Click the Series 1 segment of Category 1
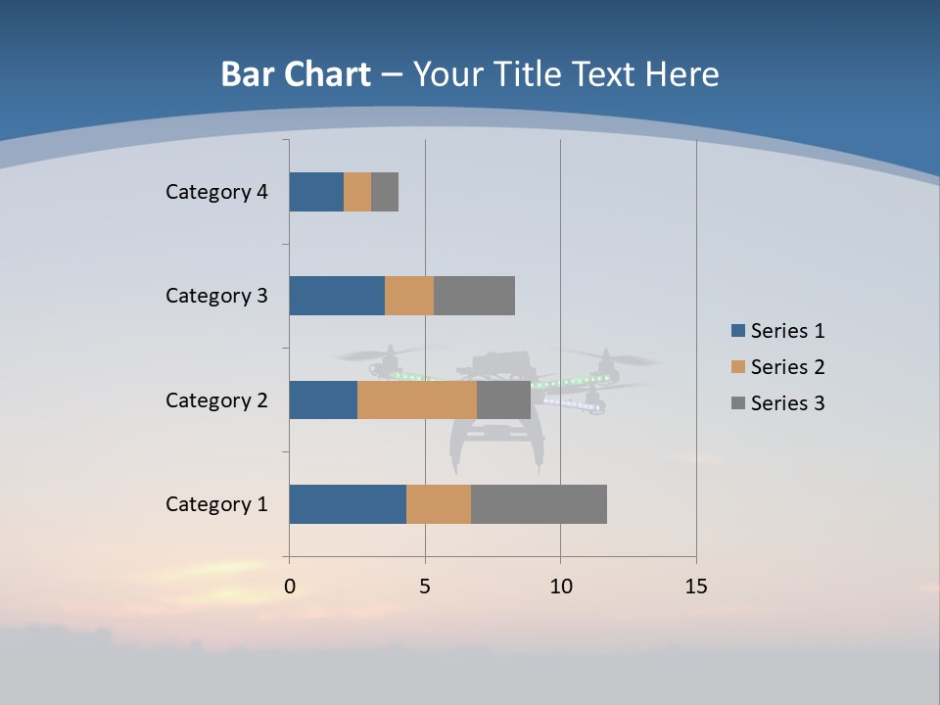click(348, 504)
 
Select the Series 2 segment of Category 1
click(439, 504)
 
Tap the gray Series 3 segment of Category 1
click(539, 504)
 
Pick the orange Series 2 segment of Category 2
click(417, 399)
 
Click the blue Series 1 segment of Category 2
click(323, 399)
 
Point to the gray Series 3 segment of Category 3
click(474, 296)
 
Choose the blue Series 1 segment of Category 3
click(337, 296)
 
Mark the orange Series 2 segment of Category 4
click(357, 192)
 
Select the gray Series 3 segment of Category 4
click(385, 192)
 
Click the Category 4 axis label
click(216, 192)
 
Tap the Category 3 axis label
click(216, 296)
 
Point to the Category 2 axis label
click(216, 400)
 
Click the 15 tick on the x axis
click(696, 587)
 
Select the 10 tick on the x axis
click(560, 587)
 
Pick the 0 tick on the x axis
click(290, 587)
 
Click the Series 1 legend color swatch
click(738, 331)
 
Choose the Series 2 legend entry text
click(788, 367)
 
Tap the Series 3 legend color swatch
click(738, 403)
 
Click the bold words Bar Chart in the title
click(296, 74)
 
